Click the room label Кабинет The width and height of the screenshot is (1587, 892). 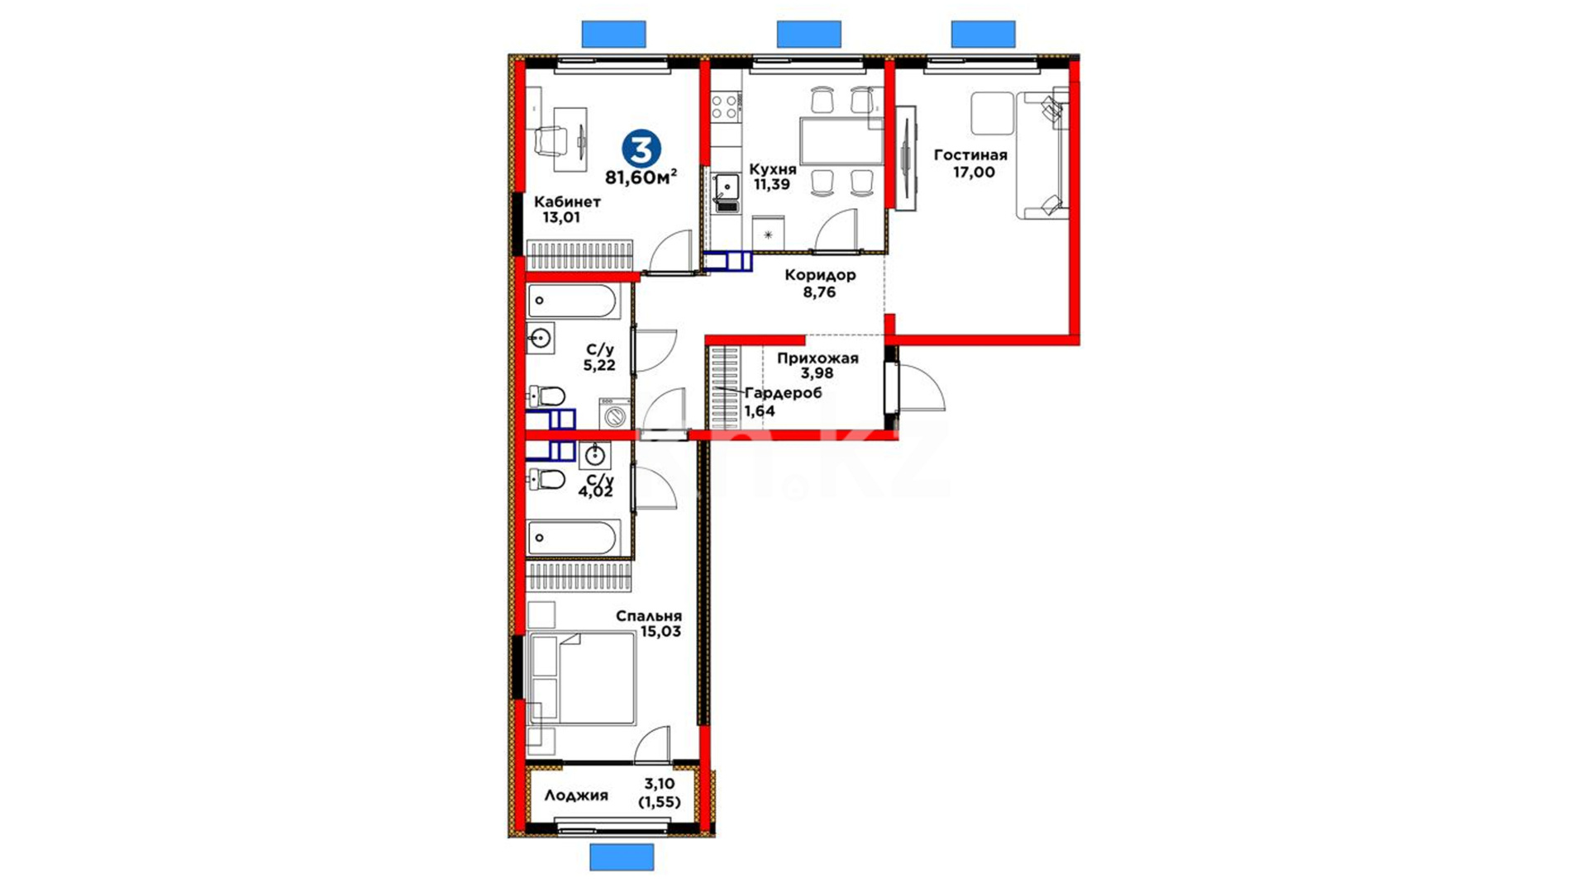coord(567,202)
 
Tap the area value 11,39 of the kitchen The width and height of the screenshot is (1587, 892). coord(771,184)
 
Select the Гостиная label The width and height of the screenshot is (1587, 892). coord(970,154)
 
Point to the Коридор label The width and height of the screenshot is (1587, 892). coord(820,275)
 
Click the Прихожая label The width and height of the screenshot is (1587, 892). coord(817,358)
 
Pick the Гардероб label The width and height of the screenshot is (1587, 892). coord(784,393)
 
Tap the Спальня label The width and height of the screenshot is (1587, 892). coord(649,616)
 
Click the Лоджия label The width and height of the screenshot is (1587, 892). coord(576,795)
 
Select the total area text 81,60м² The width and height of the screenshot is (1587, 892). coord(641,177)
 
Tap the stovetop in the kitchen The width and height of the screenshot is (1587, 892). coord(726,107)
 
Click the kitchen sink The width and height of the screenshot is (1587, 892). coord(727,187)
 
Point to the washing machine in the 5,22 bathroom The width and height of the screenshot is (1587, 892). coord(616,413)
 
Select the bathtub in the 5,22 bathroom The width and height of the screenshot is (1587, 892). coord(572,301)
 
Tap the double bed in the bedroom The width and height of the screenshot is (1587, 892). coord(581,679)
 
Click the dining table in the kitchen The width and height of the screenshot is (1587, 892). coord(841,141)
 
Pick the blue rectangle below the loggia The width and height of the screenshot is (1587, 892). coord(622,856)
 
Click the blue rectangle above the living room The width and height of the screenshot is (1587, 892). coord(983,34)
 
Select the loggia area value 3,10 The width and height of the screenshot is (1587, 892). coord(660,783)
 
